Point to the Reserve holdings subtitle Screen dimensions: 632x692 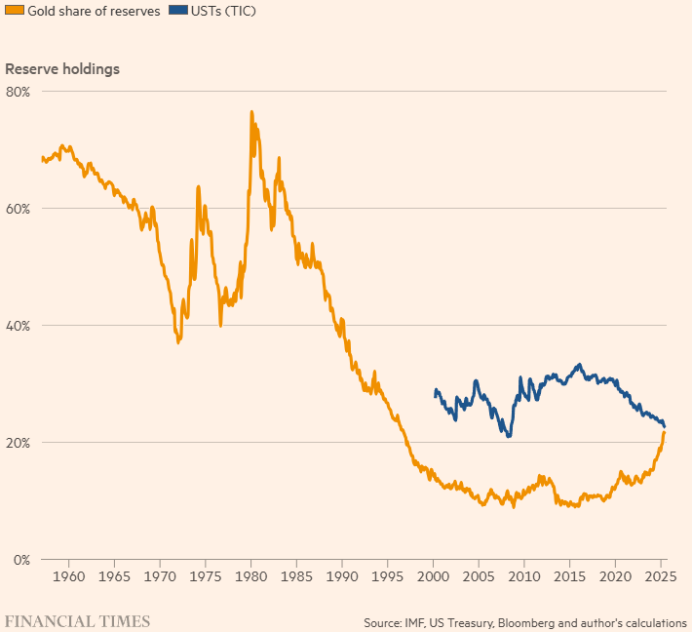62,69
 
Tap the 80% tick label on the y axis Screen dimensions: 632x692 19,92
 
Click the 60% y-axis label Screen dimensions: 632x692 19,209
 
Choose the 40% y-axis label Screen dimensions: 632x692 19,326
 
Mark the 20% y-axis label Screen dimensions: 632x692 19,443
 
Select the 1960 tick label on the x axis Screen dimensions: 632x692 68,576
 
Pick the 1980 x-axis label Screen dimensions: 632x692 250,576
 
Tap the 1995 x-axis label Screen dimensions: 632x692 388,576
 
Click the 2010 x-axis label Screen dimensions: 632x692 524,576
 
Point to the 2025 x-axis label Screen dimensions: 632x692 661,576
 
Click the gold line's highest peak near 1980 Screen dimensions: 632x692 251,112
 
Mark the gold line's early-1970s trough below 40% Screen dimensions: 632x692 178,342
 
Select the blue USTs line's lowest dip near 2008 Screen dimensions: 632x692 508,436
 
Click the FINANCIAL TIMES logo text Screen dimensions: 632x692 78,621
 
